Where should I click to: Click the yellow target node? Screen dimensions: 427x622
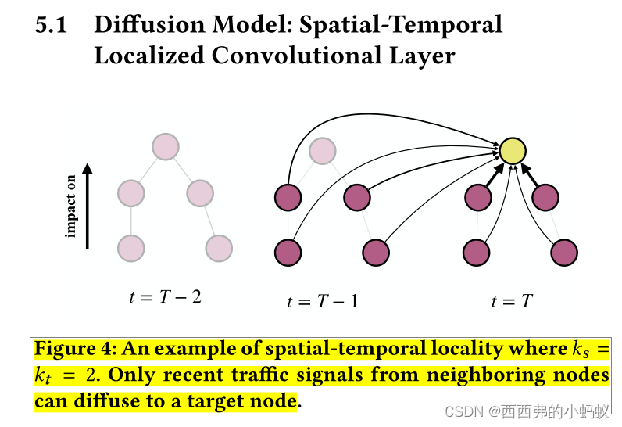pyautogui.click(x=513, y=151)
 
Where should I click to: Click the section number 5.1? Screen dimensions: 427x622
pyautogui.click(x=52, y=25)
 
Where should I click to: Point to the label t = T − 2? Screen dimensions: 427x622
pyautogui.click(x=165, y=296)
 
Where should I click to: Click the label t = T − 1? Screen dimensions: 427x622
pyautogui.click(x=323, y=301)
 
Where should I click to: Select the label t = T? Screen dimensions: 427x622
pyautogui.click(x=512, y=301)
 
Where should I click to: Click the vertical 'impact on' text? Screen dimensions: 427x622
pyautogui.click(x=71, y=206)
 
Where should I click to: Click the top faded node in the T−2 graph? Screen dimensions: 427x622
pyautogui.click(x=166, y=146)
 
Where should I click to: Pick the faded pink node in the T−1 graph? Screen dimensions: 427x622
pyautogui.click(x=322, y=151)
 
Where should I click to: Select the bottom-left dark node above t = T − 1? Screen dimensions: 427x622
pyautogui.click(x=288, y=253)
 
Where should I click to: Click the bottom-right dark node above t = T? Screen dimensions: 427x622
pyautogui.click(x=564, y=253)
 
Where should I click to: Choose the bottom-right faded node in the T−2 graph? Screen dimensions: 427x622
pyautogui.click(x=219, y=248)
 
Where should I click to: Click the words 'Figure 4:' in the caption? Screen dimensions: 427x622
pyautogui.click(x=75, y=349)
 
